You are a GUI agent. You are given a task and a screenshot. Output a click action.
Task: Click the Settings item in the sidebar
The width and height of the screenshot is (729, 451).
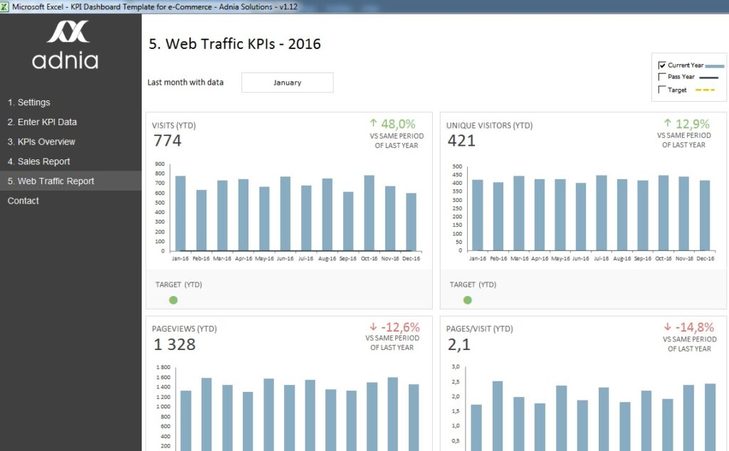pos(28,102)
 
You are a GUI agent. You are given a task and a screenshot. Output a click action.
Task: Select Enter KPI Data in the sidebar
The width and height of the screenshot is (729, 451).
pos(42,122)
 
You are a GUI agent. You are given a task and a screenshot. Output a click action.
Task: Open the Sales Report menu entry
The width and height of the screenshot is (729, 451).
pos(38,161)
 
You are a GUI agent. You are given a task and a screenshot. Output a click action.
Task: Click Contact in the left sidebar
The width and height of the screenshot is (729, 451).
pos(23,201)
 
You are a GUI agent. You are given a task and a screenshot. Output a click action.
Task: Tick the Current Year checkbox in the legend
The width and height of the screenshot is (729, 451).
pos(662,65)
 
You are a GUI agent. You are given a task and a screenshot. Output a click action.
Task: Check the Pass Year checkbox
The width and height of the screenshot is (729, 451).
pos(662,78)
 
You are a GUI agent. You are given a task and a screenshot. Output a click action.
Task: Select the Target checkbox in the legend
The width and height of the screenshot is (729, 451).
pos(662,90)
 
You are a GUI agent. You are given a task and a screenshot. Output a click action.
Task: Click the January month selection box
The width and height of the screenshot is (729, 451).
pos(287,83)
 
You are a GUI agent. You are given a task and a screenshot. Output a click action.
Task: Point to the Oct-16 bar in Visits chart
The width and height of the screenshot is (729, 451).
pos(369,213)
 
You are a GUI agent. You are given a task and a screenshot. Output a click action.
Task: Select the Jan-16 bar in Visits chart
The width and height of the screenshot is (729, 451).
pos(181,213)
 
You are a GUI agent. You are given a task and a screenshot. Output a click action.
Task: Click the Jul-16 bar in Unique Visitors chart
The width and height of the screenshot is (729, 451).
pos(602,213)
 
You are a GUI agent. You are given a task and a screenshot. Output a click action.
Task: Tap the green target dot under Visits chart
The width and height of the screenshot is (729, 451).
pos(173,300)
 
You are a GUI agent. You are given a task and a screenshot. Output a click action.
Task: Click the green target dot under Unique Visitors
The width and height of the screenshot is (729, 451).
pos(467,300)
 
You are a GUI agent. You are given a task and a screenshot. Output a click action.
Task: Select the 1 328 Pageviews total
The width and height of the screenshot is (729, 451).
pos(174,345)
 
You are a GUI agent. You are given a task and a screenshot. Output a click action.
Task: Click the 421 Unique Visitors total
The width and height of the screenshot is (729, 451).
pos(461,141)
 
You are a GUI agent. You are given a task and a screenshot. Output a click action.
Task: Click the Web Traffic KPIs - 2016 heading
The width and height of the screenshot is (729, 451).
pos(234,44)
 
